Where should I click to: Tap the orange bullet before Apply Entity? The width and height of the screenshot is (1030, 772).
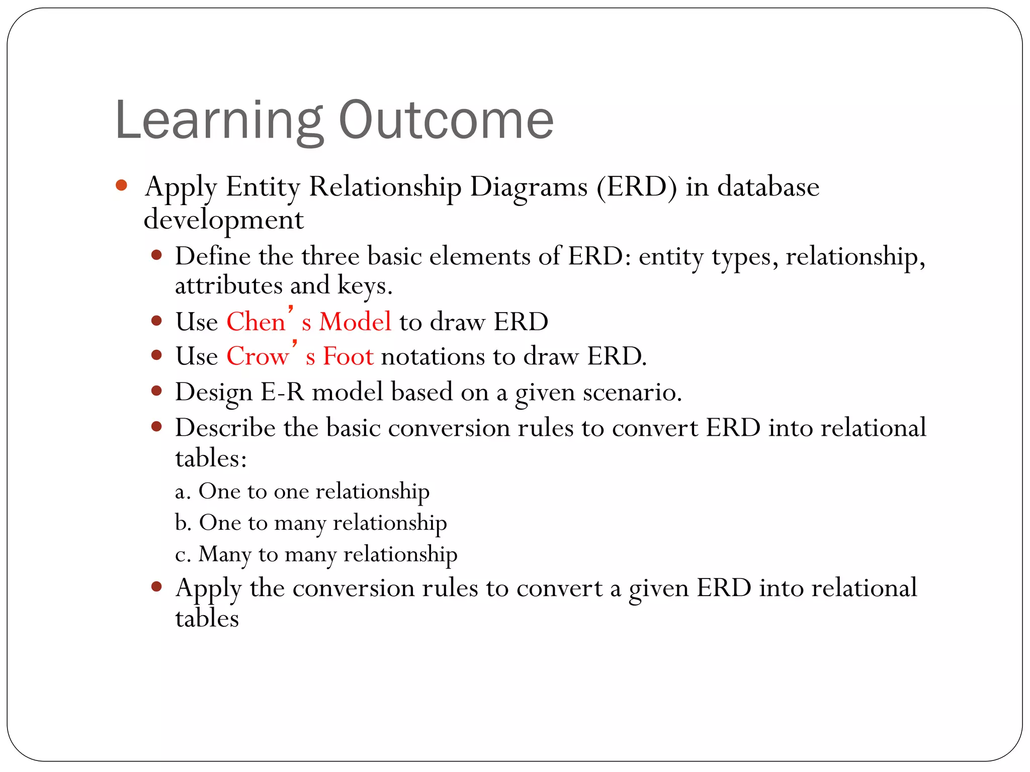pos(121,185)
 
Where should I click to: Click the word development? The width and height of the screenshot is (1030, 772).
pos(223,221)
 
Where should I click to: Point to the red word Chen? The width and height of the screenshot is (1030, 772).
pos(255,322)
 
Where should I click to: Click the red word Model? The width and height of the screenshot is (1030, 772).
pos(355,322)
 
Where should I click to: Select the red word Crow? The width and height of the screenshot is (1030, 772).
pos(257,357)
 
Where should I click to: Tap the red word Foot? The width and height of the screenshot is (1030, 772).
pos(348,357)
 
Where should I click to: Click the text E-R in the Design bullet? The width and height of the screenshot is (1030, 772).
pos(282,393)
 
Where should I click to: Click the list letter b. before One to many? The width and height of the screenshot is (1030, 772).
pos(183,523)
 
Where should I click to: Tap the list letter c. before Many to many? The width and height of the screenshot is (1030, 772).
pos(182,555)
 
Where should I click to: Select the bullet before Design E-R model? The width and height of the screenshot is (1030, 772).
pos(156,391)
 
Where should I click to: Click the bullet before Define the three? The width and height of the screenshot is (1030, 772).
pos(156,255)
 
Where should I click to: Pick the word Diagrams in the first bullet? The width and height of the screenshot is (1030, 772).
pos(528,187)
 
